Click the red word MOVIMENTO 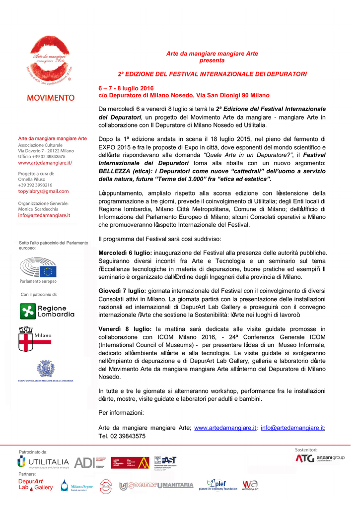51,98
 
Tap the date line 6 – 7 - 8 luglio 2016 126,88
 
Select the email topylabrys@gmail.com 43,191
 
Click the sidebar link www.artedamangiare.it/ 45,162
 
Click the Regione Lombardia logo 47,311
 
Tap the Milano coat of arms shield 26,338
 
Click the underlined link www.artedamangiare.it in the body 225,428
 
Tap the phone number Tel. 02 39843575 122,436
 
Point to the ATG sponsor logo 304,458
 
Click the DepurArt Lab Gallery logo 35,485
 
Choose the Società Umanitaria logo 156,485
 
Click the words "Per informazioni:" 121,413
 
